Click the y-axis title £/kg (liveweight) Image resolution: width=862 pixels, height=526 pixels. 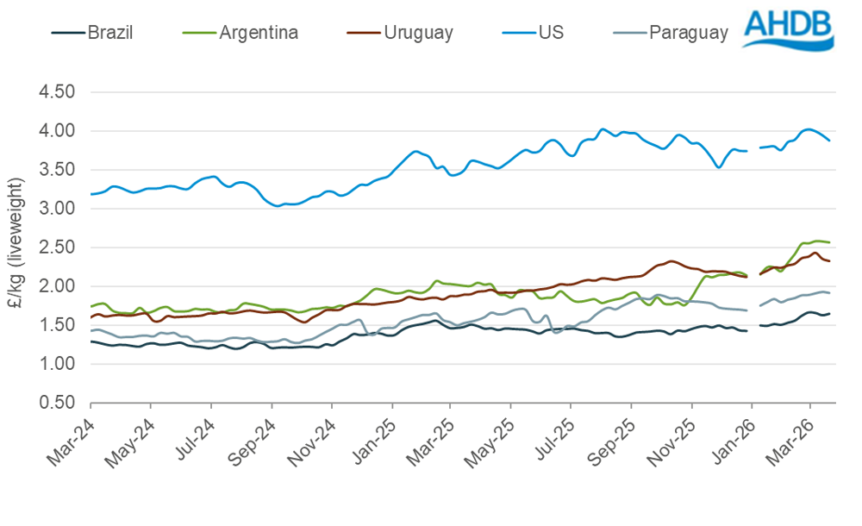(x=19, y=247)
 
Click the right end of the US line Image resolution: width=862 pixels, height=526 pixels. (x=829, y=140)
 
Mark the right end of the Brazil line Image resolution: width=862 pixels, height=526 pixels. (x=829, y=313)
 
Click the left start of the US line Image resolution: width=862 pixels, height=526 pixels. (x=91, y=194)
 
